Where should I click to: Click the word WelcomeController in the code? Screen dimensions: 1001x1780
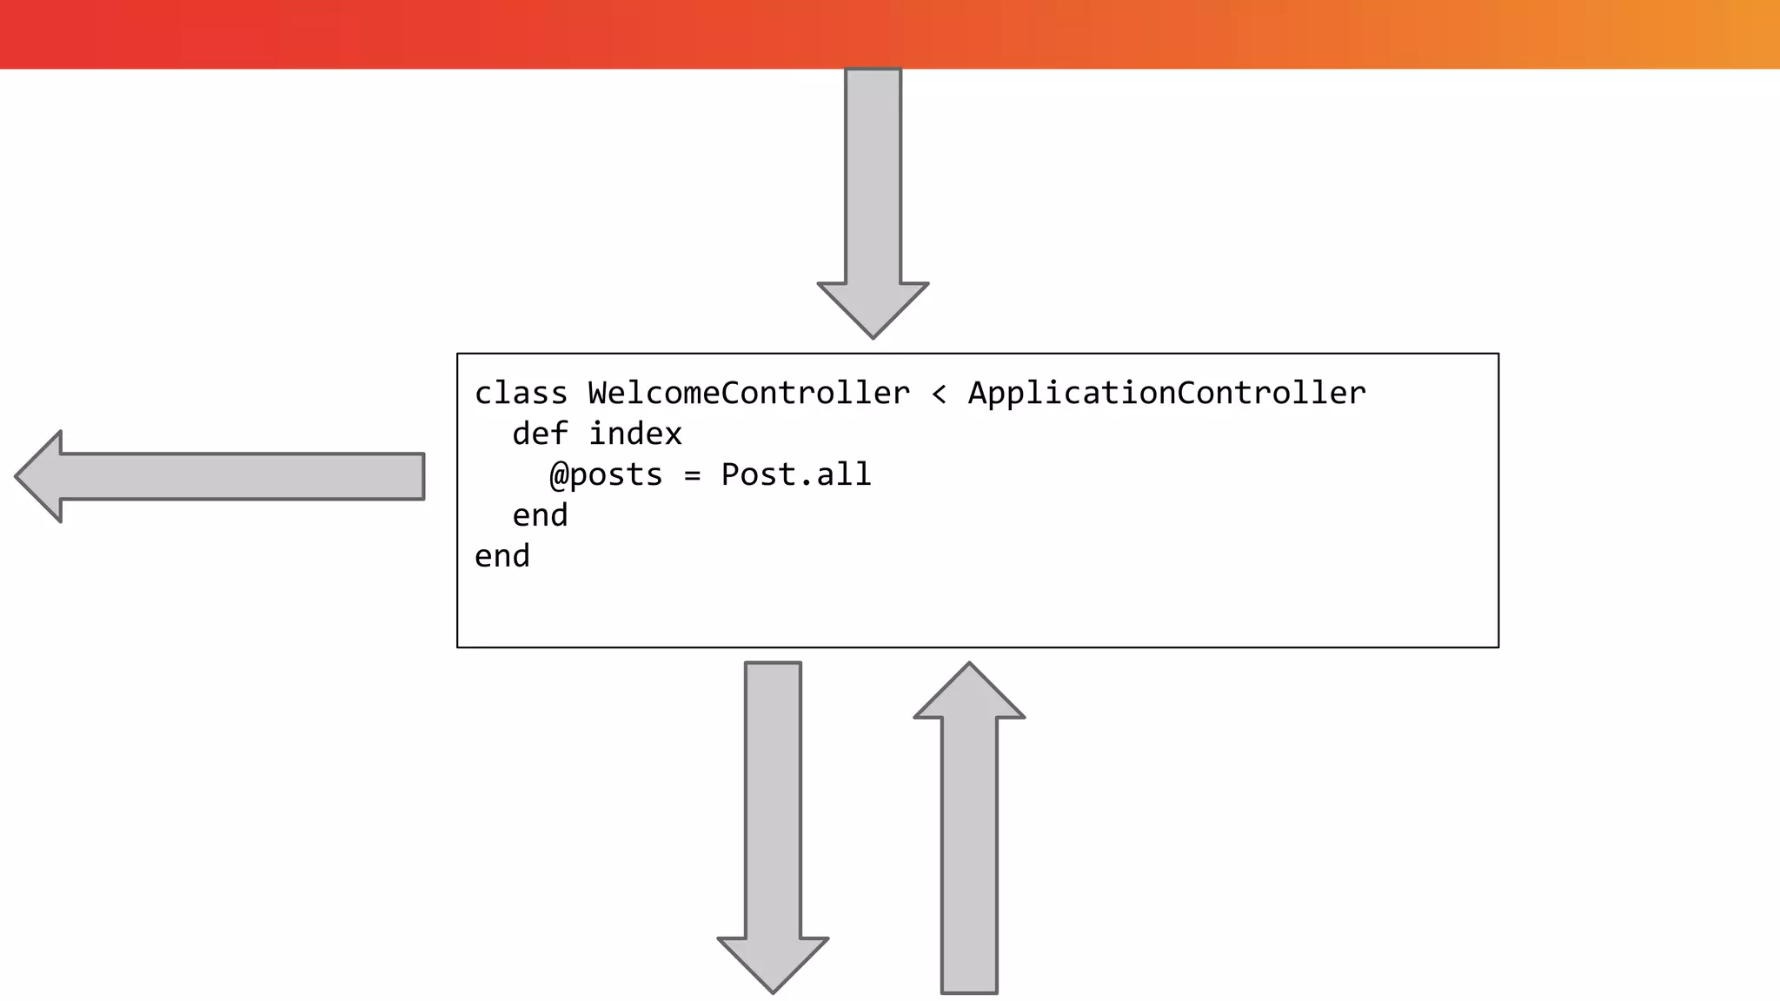coord(748,394)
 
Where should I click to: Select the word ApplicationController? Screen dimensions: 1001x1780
coord(1166,394)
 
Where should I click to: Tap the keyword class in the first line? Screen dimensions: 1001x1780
coord(521,394)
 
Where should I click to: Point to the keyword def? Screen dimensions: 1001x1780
coord(540,434)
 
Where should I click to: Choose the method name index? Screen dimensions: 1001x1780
coord(635,434)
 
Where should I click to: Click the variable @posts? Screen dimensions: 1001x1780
coord(606,475)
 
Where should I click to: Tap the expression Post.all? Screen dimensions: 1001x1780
coord(795,474)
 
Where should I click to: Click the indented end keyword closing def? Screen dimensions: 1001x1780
coord(540,516)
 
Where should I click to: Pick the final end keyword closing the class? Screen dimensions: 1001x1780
coord(501,557)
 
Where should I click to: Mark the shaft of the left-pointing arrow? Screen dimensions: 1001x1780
coord(243,476)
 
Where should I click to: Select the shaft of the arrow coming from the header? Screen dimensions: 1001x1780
coord(873,174)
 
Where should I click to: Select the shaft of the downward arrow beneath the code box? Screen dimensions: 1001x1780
coord(773,799)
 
